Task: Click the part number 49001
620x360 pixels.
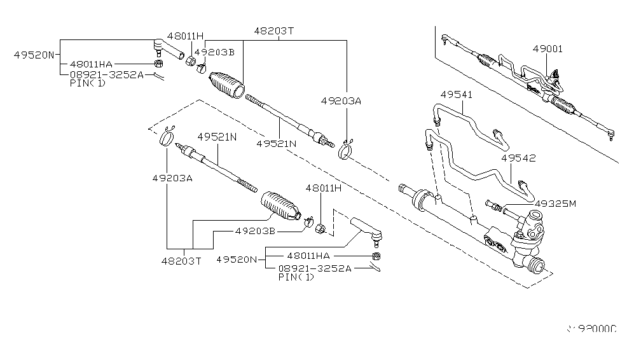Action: click(x=548, y=48)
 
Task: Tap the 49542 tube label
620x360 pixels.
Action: click(x=518, y=158)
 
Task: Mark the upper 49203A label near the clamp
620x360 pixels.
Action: click(x=341, y=100)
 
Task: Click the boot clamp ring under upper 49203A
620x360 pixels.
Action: click(x=347, y=151)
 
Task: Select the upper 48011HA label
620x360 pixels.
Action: click(x=91, y=64)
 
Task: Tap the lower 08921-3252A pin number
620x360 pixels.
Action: click(x=314, y=268)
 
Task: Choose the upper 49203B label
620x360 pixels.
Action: click(x=214, y=52)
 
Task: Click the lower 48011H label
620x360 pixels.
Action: click(x=323, y=188)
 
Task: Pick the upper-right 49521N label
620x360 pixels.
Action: click(x=277, y=144)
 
